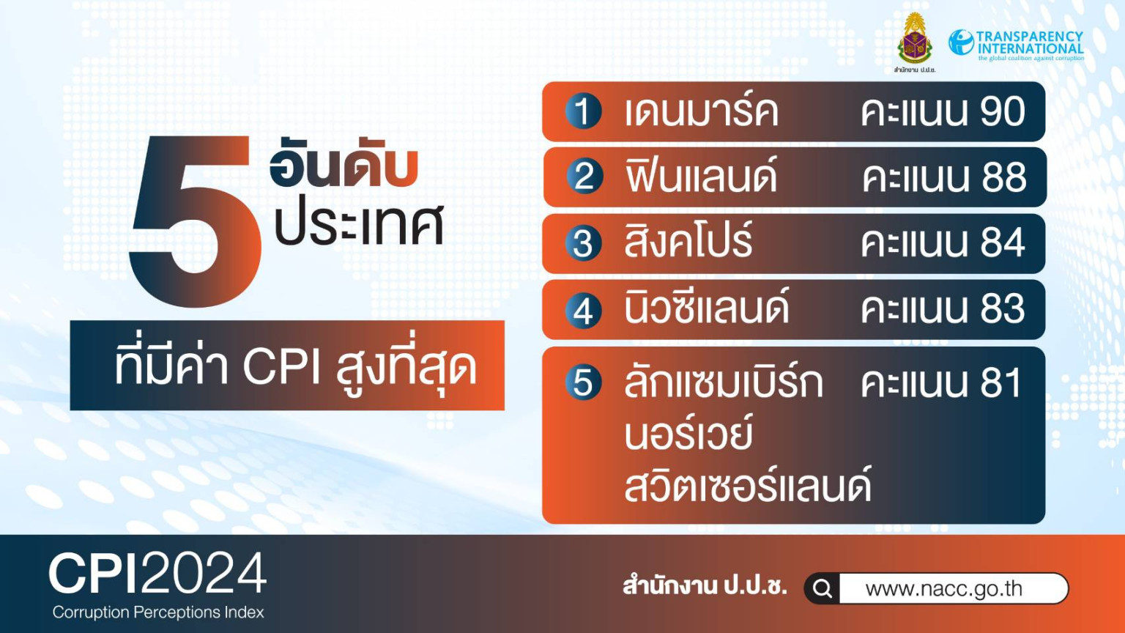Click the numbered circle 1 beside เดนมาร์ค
click(583, 111)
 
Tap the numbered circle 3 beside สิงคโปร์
click(583, 244)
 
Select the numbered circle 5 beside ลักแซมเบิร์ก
click(583, 383)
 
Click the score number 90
click(1003, 111)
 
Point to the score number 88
click(1004, 177)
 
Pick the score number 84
click(1003, 243)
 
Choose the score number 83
click(1003, 309)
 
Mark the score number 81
click(1001, 383)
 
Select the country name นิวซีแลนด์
click(707, 306)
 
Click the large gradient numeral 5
click(196, 221)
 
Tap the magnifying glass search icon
click(823, 588)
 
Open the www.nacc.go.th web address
click(943, 588)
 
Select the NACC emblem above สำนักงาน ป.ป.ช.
click(915, 38)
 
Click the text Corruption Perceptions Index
click(158, 612)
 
